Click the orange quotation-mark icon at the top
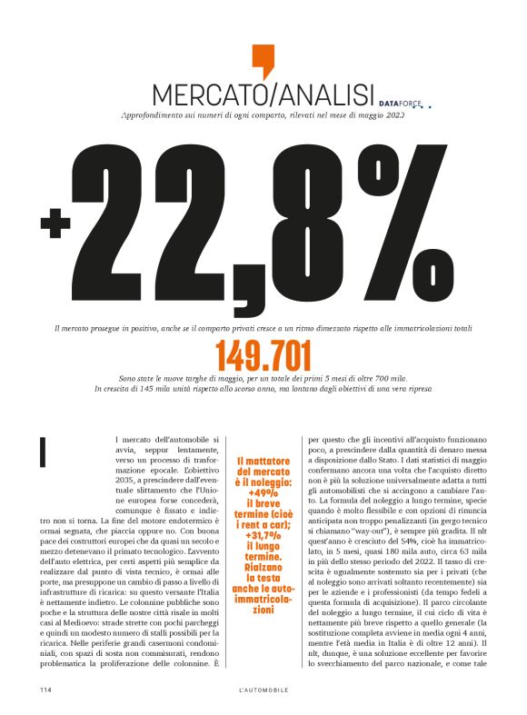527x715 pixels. pos(263,60)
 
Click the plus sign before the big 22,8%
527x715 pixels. pos(55,221)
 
